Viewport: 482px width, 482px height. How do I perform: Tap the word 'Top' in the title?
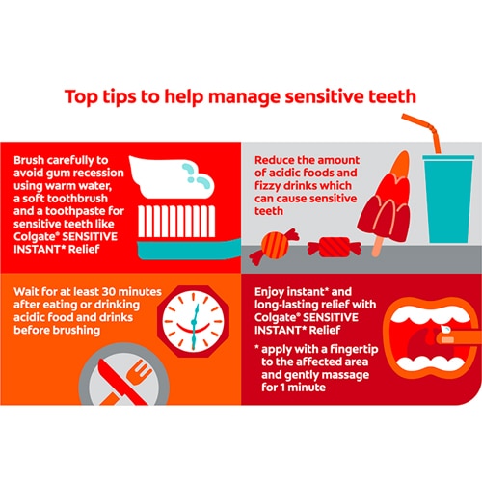point(81,97)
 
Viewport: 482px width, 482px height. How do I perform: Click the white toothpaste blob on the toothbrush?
point(171,176)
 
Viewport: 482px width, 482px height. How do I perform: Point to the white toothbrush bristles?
point(176,222)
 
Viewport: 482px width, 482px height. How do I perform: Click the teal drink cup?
point(448,199)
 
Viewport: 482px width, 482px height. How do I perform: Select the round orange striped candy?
point(274,246)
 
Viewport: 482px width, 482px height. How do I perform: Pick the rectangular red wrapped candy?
point(335,248)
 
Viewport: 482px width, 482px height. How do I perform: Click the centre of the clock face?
point(194,322)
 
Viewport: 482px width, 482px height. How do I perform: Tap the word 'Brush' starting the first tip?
point(29,160)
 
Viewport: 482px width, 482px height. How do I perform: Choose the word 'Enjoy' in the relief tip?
point(269,293)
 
